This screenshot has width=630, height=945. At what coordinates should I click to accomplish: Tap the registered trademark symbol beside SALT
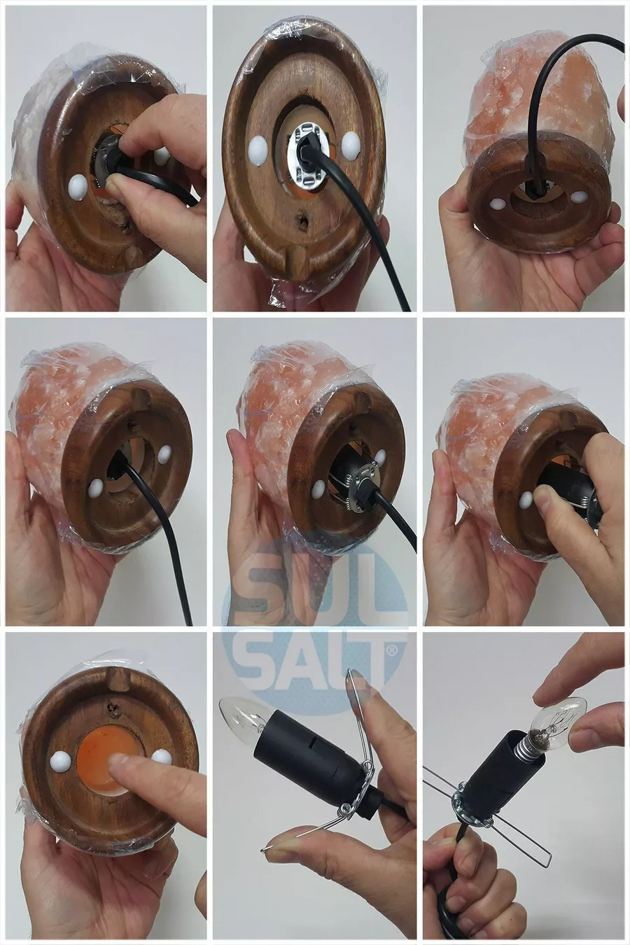pos(391,652)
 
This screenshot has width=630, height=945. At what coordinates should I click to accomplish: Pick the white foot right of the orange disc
pos(161,757)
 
